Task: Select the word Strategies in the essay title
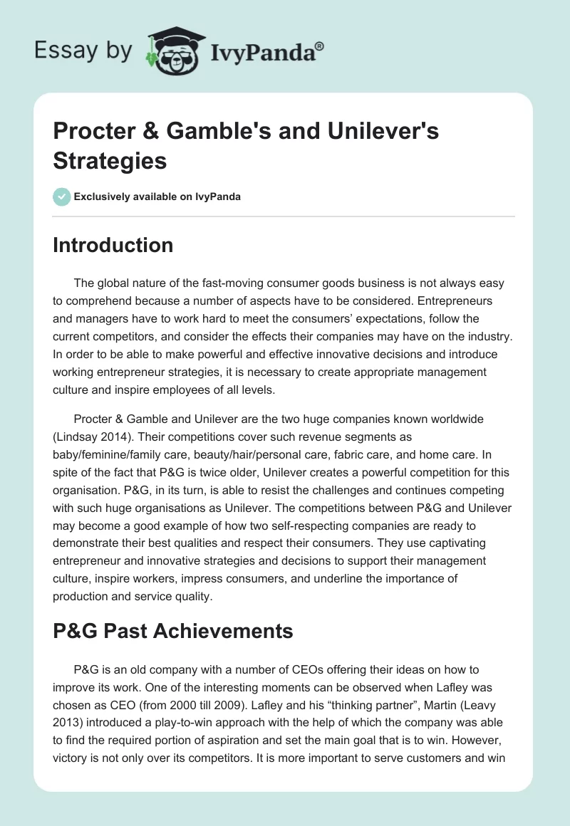(110, 161)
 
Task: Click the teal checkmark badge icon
(62, 197)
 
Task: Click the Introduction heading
(113, 245)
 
